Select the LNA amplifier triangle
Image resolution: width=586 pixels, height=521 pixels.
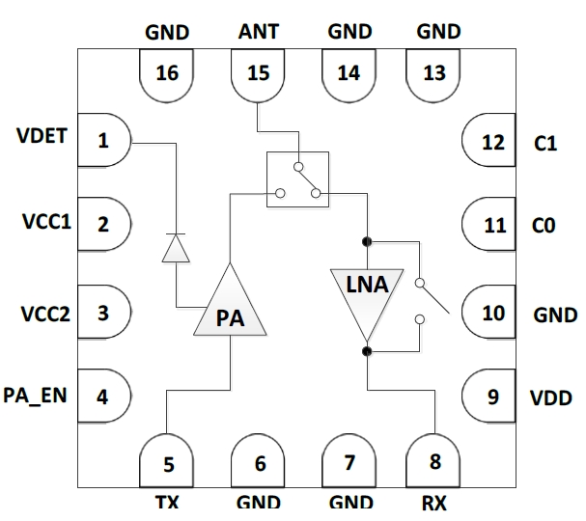tap(367, 288)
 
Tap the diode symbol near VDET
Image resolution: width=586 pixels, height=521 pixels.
tap(175, 248)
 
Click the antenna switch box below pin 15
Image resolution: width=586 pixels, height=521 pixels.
tap(297, 178)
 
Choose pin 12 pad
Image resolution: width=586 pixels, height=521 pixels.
tap(490, 142)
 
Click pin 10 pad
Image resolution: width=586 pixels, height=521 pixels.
tap(490, 312)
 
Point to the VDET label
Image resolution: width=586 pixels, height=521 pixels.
tap(42, 136)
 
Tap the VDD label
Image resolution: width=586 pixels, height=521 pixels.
tap(553, 397)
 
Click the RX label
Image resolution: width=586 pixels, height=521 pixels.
tap(433, 503)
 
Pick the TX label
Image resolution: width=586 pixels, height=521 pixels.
tap(167, 503)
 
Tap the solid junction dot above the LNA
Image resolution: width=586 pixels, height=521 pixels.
tap(367, 240)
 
